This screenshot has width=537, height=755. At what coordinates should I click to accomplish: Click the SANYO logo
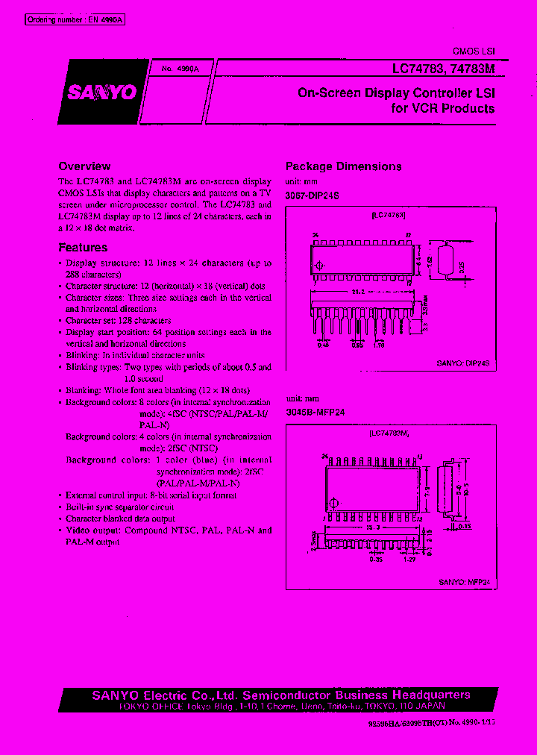(103, 93)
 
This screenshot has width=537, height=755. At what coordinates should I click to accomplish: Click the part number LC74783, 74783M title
(444, 69)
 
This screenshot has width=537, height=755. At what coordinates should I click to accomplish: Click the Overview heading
(84, 166)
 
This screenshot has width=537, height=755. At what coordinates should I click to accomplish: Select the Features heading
(83, 248)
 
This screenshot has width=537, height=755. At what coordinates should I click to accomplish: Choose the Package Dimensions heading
(344, 166)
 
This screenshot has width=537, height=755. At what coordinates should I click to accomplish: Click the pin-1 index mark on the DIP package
(321, 266)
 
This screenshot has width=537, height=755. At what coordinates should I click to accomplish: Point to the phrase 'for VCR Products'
(442, 108)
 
